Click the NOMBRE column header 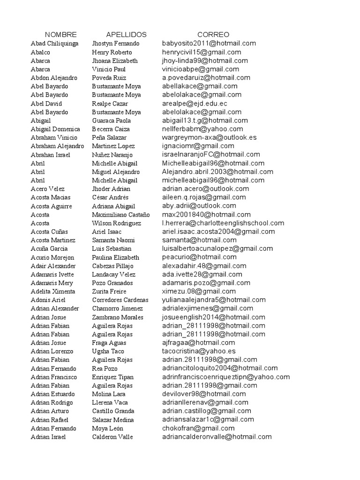point(61,35)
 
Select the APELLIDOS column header point(126,35)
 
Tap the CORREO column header point(213,35)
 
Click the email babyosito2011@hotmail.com point(209,43)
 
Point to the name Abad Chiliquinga point(54,44)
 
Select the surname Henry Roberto point(112,52)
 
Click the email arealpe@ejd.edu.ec point(195,103)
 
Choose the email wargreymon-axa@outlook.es point(209,137)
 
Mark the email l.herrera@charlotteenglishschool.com point(223,223)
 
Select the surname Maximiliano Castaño point(121,215)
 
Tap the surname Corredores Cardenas point(120,300)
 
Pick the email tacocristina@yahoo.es point(199,351)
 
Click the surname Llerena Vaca point(110,403)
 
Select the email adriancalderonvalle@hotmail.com point(217,437)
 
